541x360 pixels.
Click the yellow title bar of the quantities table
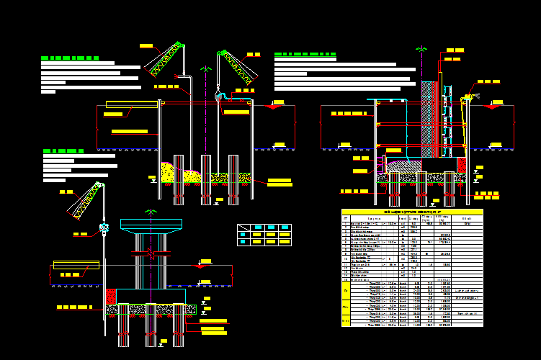pos(411,212)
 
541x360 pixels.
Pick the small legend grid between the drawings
pos(264,235)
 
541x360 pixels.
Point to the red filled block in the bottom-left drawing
pos(111,297)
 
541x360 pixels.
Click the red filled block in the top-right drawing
pos(461,165)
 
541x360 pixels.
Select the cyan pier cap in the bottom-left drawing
pos(151,227)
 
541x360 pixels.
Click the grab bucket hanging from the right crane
pos(219,94)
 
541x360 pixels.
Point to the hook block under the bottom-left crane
pos(104,230)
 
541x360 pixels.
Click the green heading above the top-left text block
pos(70,58)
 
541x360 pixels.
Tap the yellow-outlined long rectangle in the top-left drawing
pos(132,104)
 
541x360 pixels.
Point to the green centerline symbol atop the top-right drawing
pos(421,49)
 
